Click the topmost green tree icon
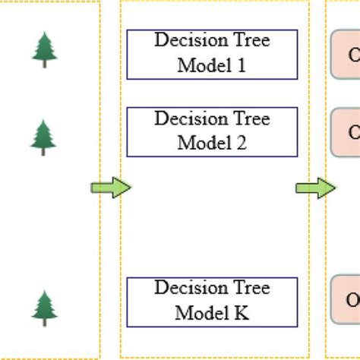point(43,49)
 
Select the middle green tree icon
point(43,137)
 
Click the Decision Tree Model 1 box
point(212,55)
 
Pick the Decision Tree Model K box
point(212,302)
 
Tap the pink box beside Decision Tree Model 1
point(346,55)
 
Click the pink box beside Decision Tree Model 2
point(346,132)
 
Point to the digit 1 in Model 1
point(242,66)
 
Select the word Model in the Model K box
point(200,312)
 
